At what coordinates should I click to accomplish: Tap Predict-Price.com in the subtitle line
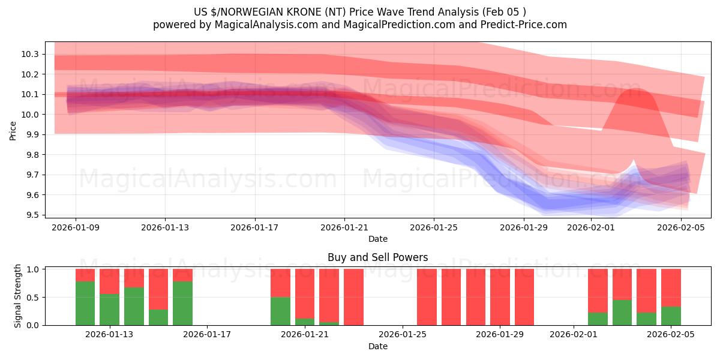click(x=520, y=25)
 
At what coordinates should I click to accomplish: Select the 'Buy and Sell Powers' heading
click(x=377, y=257)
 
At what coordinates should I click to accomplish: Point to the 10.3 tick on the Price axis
click(x=31, y=54)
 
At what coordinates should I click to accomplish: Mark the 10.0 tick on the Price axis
click(x=31, y=115)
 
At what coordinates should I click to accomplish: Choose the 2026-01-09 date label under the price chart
click(x=76, y=227)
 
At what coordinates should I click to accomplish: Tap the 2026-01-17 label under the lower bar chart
click(x=207, y=335)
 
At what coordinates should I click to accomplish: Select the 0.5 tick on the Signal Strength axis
click(x=34, y=297)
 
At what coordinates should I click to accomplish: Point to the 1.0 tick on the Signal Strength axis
click(x=34, y=269)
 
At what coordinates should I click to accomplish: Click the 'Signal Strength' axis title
click(x=18, y=295)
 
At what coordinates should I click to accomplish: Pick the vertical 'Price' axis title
click(x=13, y=130)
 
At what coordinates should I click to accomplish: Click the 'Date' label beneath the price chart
click(x=377, y=239)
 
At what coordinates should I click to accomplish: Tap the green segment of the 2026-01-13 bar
click(x=109, y=310)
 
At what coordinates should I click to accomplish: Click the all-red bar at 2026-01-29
click(x=500, y=297)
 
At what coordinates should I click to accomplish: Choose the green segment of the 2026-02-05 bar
click(x=671, y=316)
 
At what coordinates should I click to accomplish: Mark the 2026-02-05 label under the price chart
click(x=681, y=227)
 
